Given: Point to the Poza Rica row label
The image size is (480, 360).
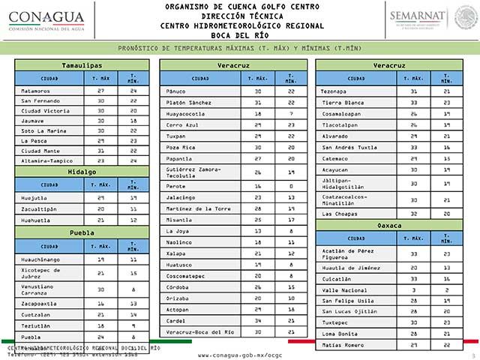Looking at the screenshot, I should click(180, 148).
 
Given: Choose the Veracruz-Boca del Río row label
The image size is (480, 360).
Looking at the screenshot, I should click(200, 331).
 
